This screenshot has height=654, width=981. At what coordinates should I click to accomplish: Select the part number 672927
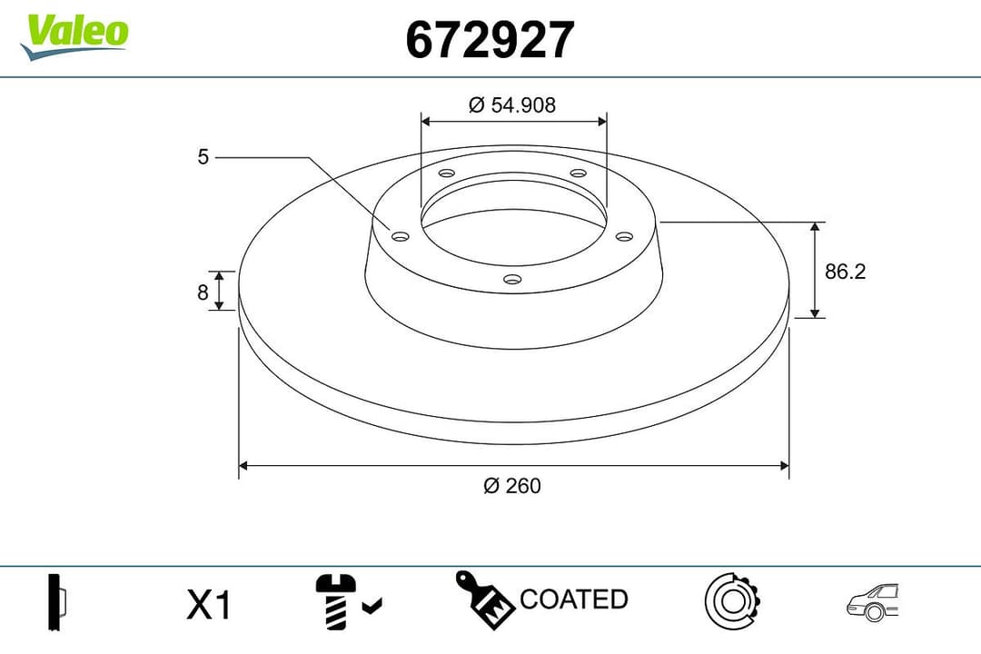[x=490, y=40]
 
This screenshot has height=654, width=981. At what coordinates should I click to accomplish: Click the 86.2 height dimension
[x=845, y=271]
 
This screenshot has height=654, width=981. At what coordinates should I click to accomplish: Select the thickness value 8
[x=203, y=292]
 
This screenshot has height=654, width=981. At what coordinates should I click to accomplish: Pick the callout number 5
[x=203, y=157]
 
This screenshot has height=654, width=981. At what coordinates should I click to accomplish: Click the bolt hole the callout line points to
[x=400, y=236]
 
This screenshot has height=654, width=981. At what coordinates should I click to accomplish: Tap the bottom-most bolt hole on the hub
[x=512, y=279]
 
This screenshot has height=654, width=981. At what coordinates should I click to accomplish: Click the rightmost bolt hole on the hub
[x=623, y=236]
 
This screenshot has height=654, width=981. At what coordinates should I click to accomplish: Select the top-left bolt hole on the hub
[x=446, y=173]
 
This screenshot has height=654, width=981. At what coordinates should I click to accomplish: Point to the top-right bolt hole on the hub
[x=578, y=173]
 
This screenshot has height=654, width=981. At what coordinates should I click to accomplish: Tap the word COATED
[x=573, y=599]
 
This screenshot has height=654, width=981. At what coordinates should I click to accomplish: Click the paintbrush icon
[x=484, y=599]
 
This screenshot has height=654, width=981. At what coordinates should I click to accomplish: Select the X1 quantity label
[x=209, y=605]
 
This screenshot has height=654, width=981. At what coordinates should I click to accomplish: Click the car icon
[x=872, y=602]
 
